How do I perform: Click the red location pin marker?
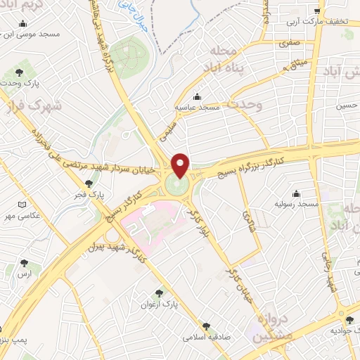(x=181, y=165)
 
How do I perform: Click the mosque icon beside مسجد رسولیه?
(x=296, y=193)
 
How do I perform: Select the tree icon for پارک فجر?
(x=88, y=183)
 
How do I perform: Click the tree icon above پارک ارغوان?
(x=159, y=294)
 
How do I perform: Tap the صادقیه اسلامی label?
(x=206, y=337)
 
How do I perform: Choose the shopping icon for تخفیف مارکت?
(x=318, y=11)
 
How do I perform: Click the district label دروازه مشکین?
(x=265, y=327)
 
